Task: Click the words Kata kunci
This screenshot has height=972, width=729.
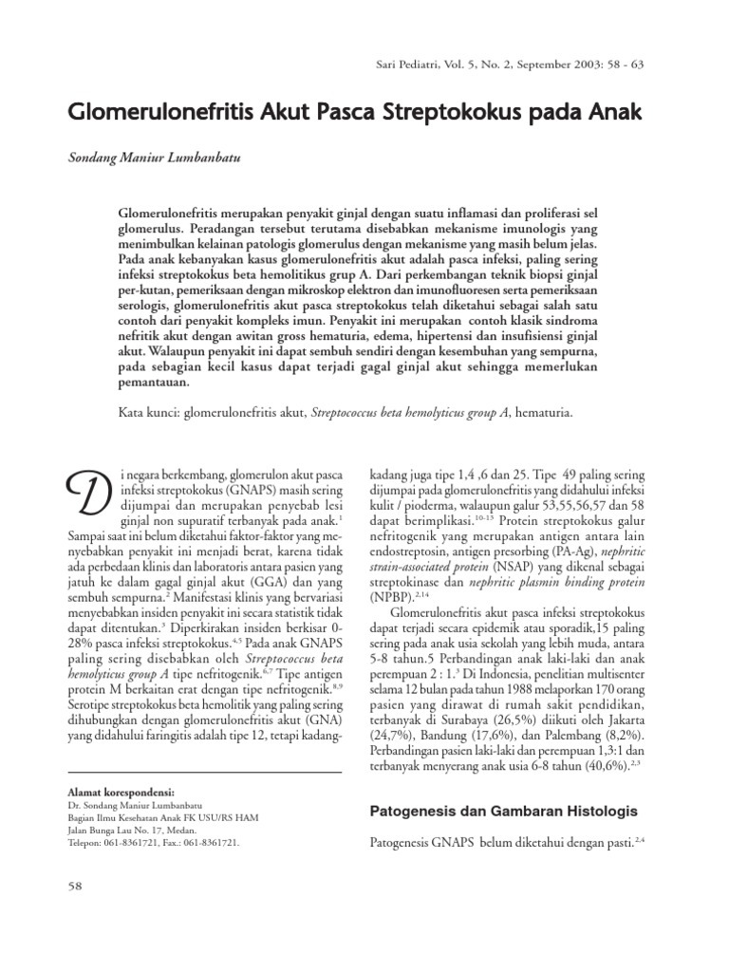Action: click(147, 412)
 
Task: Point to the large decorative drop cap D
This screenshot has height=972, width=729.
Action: click(88, 495)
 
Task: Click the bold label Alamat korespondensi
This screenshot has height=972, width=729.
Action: click(122, 789)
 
